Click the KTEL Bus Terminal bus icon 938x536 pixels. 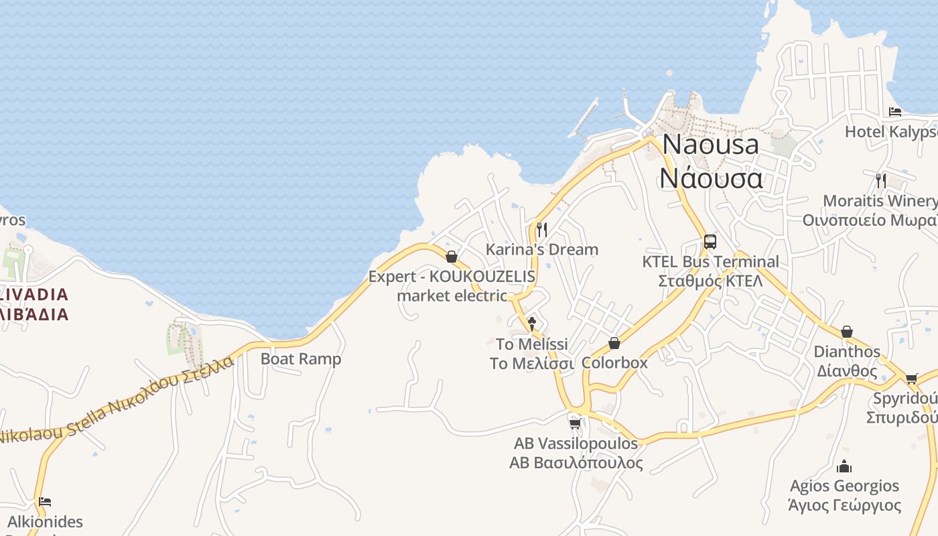click(710, 242)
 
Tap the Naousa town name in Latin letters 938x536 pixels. click(710, 145)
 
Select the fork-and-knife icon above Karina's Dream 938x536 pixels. click(542, 230)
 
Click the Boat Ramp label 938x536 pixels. click(301, 358)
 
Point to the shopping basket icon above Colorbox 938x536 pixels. click(614, 344)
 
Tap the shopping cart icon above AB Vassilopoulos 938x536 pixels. click(575, 423)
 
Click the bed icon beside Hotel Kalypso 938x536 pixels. click(895, 112)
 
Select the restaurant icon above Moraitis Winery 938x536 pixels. click(881, 180)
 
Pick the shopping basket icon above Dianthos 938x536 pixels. click(847, 332)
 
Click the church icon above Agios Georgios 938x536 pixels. click(844, 466)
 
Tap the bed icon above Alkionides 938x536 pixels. click(45, 502)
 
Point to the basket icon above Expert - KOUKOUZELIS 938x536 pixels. click(452, 257)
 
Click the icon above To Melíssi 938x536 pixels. click(532, 324)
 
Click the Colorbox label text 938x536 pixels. click(614, 362)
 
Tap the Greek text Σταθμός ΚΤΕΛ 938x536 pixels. click(710, 281)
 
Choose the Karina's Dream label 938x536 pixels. click(541, 249)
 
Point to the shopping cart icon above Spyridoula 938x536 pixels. click(911, 379)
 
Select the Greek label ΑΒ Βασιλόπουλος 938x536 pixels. click(576, 462)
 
